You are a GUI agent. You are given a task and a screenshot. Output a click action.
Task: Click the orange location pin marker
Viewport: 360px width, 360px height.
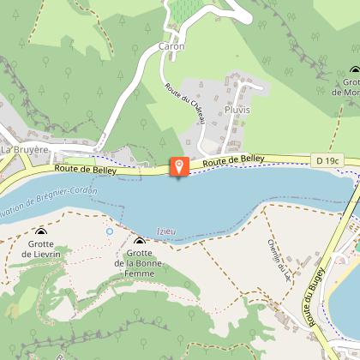click(x=179, y=166)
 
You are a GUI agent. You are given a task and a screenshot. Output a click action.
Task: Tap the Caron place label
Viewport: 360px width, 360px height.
click(x=171, y=46)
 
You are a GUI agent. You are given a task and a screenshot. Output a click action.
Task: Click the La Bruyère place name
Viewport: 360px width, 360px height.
click(x=23, y=149)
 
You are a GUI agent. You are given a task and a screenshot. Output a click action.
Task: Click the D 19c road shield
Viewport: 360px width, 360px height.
click(x=327, y=159)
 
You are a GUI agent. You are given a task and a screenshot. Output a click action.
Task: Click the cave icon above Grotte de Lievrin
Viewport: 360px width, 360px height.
click(x=40, y=232)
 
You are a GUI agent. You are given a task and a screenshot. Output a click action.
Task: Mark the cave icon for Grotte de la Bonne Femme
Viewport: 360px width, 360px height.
click(x=139, y=242)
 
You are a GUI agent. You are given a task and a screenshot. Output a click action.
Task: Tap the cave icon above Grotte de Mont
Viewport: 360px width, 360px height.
click(x=354, y=72)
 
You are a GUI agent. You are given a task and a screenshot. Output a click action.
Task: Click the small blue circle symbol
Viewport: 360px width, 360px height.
click(x=109, y=231)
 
